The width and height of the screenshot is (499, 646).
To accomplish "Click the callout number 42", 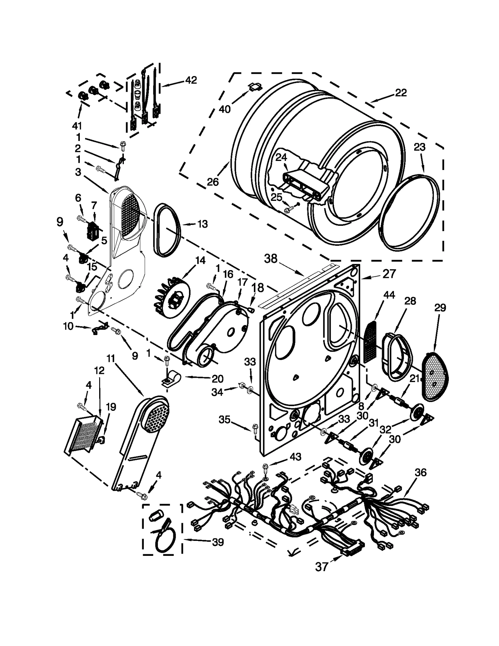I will tap(191, 80).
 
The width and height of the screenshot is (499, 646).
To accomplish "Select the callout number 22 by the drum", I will tap(401, 93).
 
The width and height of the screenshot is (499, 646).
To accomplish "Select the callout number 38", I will tap(270, 259).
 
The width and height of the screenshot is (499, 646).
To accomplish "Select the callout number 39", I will tap(218, 542).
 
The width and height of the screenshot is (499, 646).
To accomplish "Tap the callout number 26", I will tap(213, 182).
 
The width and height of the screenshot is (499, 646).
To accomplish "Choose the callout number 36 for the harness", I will tap(420, 473).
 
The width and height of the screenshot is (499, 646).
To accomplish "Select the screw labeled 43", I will tap(265, 467).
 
